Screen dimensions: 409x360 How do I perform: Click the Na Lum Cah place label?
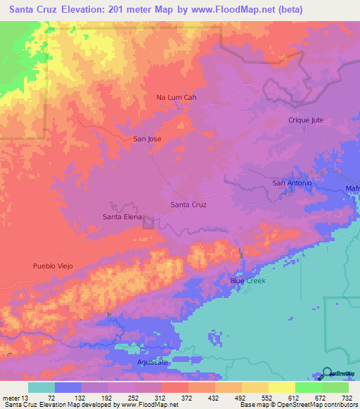[x=175, y=98]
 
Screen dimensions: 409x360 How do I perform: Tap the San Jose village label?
[x=147, y=139]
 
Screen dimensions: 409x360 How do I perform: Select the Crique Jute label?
[x=306, y=120]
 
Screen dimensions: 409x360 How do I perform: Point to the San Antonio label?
[x=292, y=183]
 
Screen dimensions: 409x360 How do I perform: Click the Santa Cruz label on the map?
[x=188, y=204]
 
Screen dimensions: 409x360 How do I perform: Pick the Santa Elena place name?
[x=123, y=217]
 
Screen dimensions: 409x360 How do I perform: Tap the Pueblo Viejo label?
[x=53, y=266]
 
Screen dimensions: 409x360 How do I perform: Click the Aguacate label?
[x=153, y=362]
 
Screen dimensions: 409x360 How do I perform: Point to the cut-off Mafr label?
[x=352, y=188]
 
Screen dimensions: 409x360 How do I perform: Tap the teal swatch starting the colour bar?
[x=41, y=387]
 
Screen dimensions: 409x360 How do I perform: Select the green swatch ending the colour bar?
[x=335, y=387]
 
